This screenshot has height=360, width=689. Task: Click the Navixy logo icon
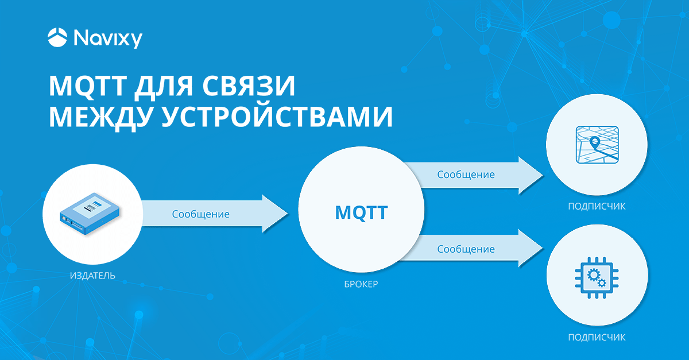(x=57, y=38)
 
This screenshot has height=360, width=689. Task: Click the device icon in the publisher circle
(x=92, y=211)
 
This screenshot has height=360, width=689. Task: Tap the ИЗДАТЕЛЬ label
(x=92, y=276)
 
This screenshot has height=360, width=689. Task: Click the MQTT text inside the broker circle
(x=361, y=213)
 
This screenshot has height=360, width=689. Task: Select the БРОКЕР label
(x=361, y=284)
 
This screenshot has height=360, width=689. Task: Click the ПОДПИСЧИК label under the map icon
(x=597, y=207)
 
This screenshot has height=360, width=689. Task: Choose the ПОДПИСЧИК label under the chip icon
(x=597, y=337)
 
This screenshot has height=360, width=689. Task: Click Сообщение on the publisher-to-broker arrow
(x=201, y=214)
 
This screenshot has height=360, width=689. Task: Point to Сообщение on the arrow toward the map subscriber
(x=466, y=174)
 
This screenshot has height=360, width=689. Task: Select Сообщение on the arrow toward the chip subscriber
(x=466, y=249)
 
